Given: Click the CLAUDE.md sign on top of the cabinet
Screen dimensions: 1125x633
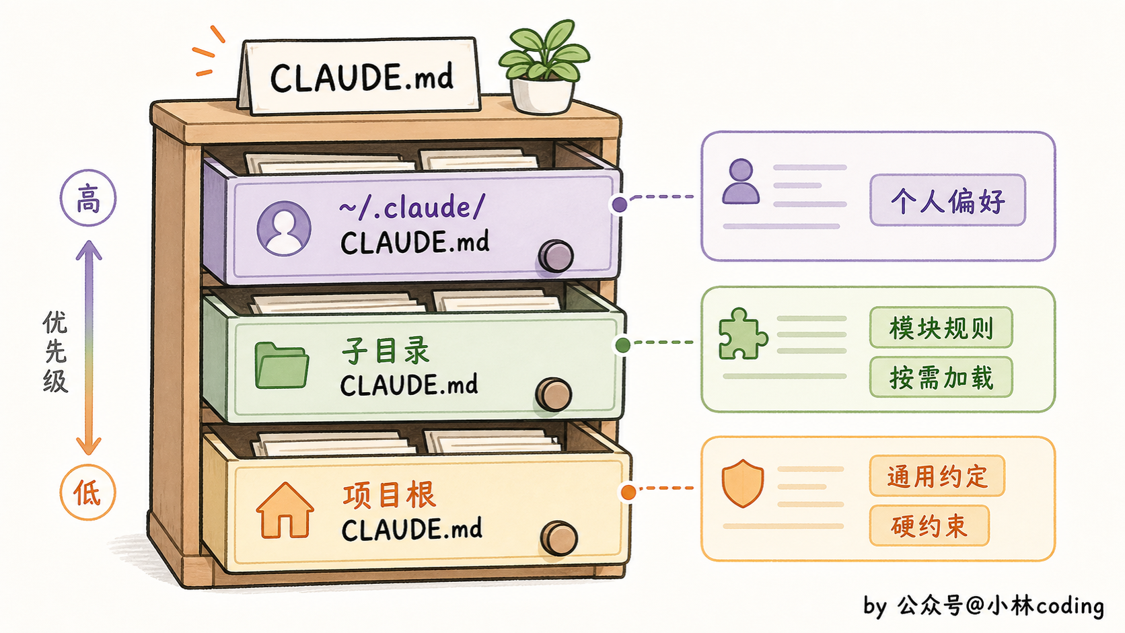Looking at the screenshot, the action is point(359,75).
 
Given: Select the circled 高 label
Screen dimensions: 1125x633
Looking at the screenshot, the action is point(88,198).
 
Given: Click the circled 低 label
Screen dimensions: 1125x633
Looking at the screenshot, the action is point(88,492).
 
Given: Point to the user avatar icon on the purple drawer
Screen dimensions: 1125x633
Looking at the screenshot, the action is point(284,229).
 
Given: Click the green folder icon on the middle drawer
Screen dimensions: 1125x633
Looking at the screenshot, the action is point(281,365).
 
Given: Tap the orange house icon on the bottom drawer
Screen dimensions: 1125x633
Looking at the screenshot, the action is point(285,510).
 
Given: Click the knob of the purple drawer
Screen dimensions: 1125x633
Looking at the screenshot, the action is point(556,256).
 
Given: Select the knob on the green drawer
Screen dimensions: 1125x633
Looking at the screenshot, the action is point(554,395).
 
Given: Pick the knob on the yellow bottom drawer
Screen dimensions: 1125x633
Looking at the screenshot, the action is point(559,539).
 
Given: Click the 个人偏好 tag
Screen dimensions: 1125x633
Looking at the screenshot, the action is point(948,200).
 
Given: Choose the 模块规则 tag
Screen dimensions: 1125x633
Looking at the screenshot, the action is point(941,328).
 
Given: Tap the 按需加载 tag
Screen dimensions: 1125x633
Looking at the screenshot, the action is point(941,377).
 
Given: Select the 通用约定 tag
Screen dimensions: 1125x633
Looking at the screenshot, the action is point(937,476).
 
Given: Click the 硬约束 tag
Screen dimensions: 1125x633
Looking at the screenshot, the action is point(930,525).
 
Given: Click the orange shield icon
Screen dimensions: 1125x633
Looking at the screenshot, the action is point(743,483).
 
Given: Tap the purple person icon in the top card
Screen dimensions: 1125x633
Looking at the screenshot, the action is point(741,181).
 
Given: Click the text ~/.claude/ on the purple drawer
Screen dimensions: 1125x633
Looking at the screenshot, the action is point(412,207).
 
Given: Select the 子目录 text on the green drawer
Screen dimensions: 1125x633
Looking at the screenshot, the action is point(386,350).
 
